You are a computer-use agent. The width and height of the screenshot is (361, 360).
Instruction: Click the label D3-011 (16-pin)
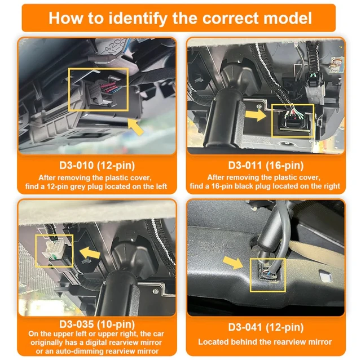[266, 166]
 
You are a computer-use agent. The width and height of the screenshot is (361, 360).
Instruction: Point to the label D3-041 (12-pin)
[266, 327]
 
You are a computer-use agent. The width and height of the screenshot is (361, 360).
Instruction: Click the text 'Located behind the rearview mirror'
[265, 341]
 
